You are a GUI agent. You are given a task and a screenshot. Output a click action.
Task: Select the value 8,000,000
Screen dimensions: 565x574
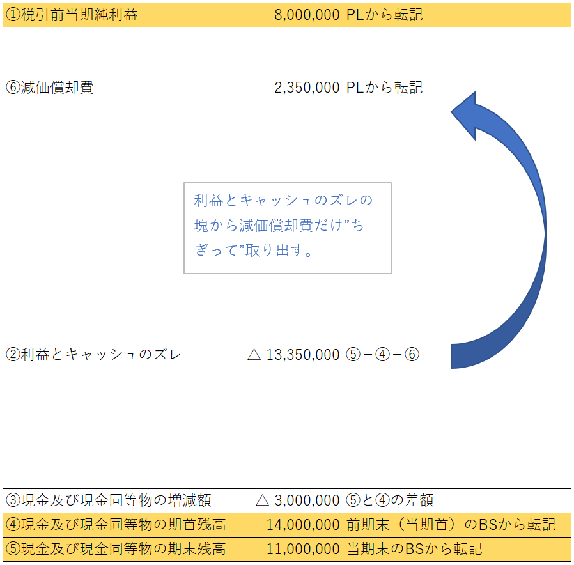(x=307, y=15)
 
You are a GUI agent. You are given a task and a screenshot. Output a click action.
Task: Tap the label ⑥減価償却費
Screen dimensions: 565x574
(x=50, y=88)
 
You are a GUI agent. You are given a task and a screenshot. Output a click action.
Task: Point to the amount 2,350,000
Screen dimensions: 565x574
(x=307, y=88)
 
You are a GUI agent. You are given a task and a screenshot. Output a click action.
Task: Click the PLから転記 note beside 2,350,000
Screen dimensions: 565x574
(x=384, y=88)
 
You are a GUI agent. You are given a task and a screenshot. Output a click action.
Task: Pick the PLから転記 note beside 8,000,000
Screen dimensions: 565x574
(x=384, y=15)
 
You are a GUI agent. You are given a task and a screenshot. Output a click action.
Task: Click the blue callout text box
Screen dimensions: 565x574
(x=287, y=228)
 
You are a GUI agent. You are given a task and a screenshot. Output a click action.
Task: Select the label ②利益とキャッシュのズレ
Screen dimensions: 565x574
(x=93, y=354)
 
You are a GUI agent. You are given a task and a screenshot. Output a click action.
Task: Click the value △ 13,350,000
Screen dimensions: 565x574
(x=293, y=354)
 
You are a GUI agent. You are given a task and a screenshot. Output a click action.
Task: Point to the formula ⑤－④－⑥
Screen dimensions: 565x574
(x=382, y=354)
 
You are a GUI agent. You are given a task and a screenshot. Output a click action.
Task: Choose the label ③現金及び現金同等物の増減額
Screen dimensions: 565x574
(x=108, y=500)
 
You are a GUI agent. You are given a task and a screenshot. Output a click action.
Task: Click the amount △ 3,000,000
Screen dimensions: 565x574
(x=297, y=500)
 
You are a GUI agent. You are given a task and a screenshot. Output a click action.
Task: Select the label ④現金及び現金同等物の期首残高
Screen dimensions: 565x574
(x=116, y=525)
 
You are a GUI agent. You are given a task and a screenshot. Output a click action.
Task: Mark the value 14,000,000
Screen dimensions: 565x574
(x=302, y=525)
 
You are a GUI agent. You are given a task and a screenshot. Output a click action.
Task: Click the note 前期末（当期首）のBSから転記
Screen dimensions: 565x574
(x=451, y=525)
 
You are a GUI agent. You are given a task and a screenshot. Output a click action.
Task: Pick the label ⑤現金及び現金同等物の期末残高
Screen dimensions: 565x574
(x=116, y=548)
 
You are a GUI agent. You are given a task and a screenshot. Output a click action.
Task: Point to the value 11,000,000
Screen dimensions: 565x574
(x=302, y=548)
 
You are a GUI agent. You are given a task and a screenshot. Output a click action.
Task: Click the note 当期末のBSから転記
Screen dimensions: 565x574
(x=414, y=548)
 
